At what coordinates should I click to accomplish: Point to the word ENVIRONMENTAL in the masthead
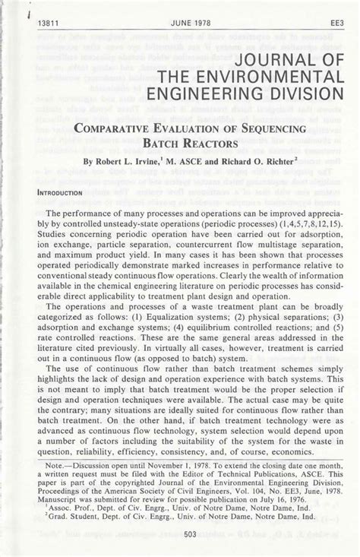pyautogui.click(x=255, y=78)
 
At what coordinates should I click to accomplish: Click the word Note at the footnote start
pyautogui.click(x=57, y=463)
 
